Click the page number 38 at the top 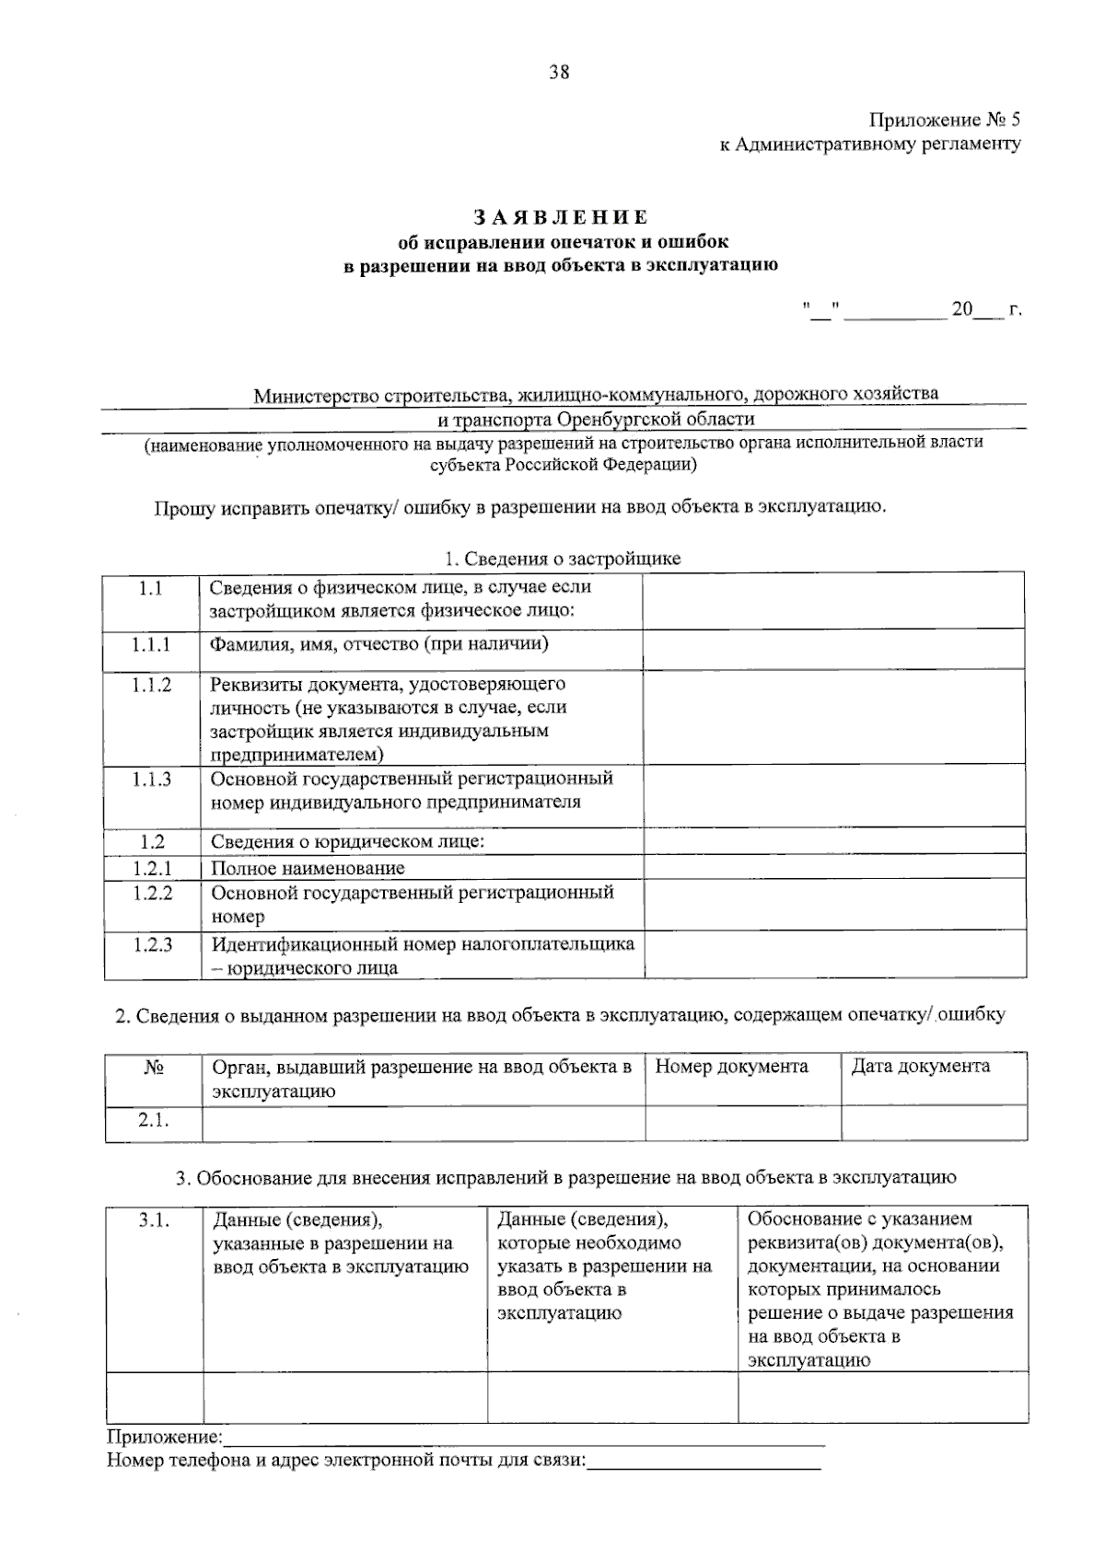[x=559, y=73]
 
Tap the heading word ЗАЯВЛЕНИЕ [x=561, y=217]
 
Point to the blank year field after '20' [x=987, y=311]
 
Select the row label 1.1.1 [x=151, y=644]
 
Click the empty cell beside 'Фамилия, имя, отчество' [x=833, y=648]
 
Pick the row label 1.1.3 [x=151, y=780]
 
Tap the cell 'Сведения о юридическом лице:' [x=348, y=841]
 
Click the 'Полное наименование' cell [x=308, y=868]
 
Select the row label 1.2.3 [x=152, y=944]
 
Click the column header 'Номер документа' [x=732, y=1067]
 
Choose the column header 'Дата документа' [x=921, y=1067]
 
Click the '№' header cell [x=154, y=1068]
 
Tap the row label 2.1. [x=154, y=1119]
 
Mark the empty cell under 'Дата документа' [x=934, y=1123]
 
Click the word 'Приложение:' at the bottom [x=165, y=1437]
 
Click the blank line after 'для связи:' [x=704, y=1462]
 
